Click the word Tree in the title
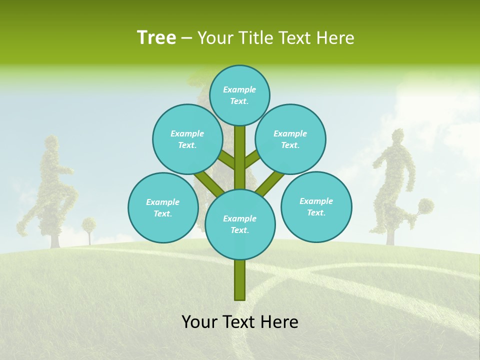coord(156,37)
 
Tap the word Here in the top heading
coord(335,38)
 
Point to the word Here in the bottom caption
coord(279,322)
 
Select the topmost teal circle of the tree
coord(239,95)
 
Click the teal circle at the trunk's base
coord(240,224)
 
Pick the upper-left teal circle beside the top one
coord(187,139)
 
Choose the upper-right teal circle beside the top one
coord(290,139)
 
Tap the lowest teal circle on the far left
coord(163,207)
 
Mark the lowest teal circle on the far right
coord(316,206)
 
